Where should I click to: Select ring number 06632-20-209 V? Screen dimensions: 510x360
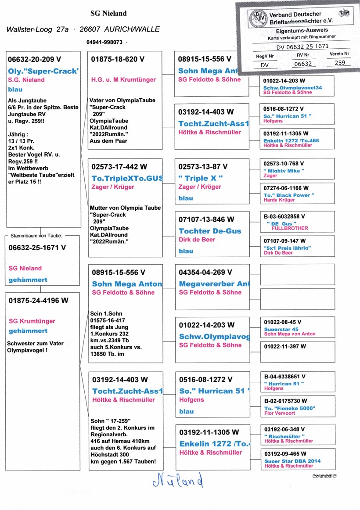coord(35,59)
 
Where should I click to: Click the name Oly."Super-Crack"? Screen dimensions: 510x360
coord(43,71)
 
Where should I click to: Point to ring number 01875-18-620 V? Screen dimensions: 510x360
coord(118,59)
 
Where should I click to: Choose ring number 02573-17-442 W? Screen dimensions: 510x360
coord(119,167)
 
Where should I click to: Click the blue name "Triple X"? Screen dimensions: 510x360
coord(201,178)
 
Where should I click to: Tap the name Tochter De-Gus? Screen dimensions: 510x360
coord(210,231)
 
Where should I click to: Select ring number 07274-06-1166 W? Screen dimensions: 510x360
coord(286,188)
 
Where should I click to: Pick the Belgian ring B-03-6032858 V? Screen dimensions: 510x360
coord(284,216)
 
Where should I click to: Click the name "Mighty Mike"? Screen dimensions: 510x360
coord(284,171)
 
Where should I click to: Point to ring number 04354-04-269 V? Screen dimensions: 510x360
coord(205,273)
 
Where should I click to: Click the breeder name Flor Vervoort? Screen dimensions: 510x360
coord(279,413)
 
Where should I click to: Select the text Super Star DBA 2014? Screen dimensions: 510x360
coord(292,461)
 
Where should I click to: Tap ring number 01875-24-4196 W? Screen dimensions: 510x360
coord(39,301)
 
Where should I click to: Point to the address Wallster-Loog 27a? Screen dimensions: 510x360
coord(37,29)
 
